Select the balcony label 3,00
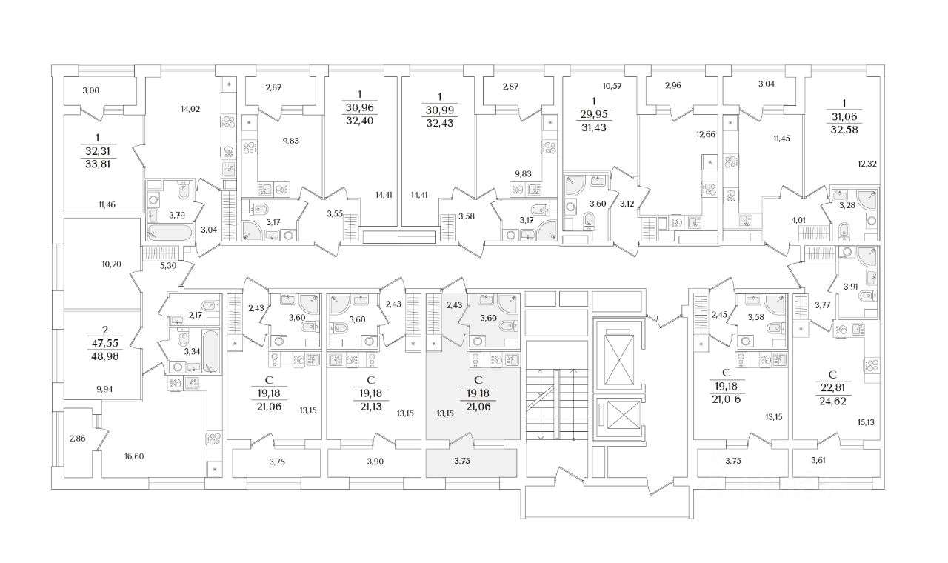90,90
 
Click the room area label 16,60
134,456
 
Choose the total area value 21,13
364,407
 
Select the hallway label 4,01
798,219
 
